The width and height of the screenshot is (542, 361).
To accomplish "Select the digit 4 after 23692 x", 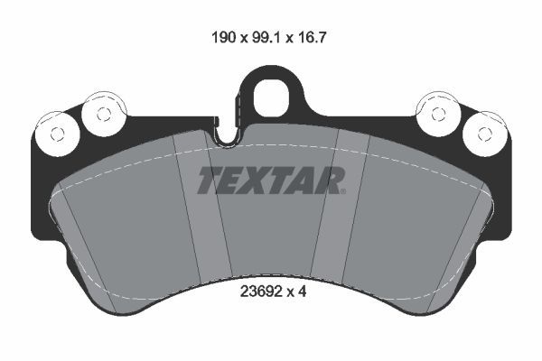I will point(304,292).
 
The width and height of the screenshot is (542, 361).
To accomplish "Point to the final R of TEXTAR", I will point(331,181).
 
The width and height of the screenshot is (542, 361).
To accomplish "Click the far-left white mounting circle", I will point(56,134).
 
